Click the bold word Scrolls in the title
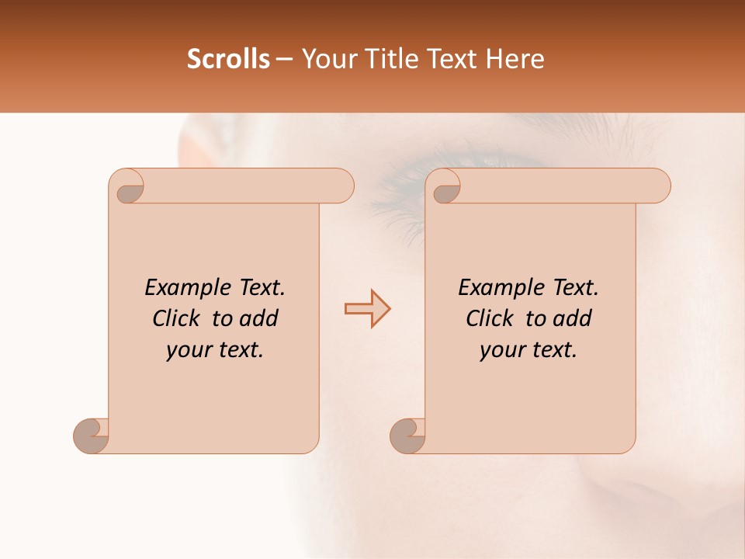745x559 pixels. pos(228,59)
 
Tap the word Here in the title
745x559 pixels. pos(515,59)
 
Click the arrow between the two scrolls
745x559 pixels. pos(367,309)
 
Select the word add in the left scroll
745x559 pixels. pos(260,318)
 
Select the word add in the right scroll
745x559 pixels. pos(573,318)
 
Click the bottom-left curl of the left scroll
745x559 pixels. pos(92,435)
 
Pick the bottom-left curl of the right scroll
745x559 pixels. pos(407,435)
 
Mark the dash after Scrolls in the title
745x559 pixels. pos(284,60)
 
